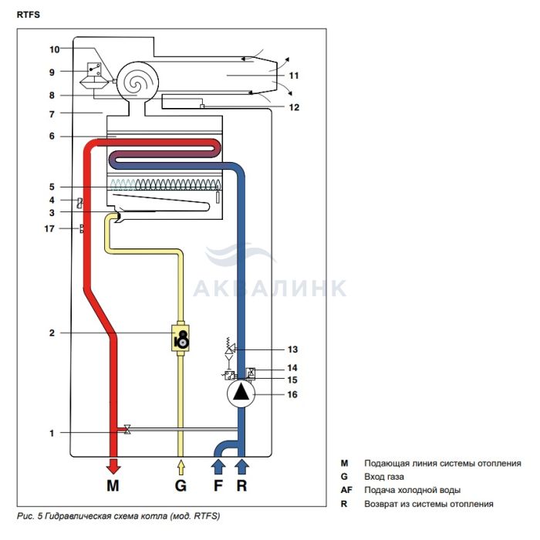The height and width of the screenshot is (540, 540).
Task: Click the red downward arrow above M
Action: point(113,465)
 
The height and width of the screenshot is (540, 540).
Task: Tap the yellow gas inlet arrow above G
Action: point(181,466)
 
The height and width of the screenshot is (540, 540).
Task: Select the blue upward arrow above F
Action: point(218,465)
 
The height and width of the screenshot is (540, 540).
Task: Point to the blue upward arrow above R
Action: point(242,465)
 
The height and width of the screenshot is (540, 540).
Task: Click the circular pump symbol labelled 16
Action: point(242,394)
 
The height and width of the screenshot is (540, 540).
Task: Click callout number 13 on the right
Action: point(293,349)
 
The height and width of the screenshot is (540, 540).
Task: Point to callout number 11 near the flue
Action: point(293,76)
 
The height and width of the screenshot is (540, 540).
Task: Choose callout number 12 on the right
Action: point(293,108)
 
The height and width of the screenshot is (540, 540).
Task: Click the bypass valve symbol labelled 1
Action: point(127,429)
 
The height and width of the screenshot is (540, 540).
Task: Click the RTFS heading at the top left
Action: point(29,14)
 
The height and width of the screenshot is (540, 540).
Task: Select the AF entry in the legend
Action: point(346,490)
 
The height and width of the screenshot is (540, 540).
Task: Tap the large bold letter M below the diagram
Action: point(113,487)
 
